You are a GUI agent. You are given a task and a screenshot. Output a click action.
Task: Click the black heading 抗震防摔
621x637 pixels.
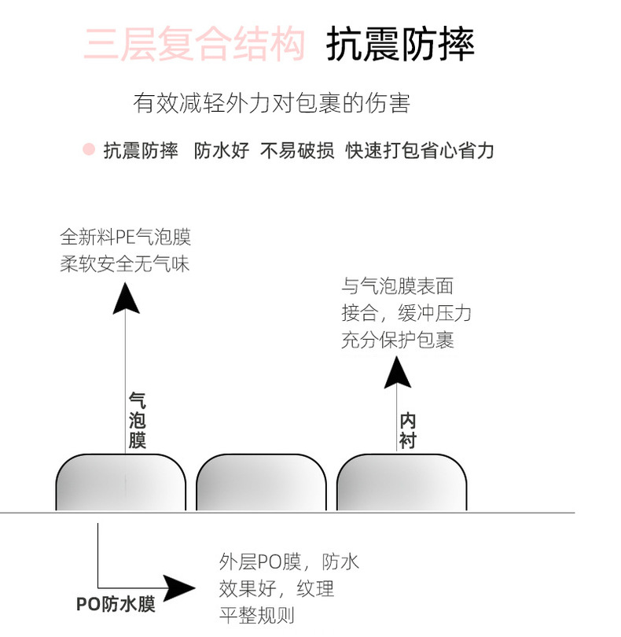click(401, 44)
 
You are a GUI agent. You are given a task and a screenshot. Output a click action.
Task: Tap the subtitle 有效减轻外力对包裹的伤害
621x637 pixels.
click(272, 103)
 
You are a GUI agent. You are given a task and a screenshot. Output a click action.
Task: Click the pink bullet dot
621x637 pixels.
click(89, 149)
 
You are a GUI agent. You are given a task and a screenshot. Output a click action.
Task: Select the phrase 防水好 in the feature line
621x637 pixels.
click(221, 150)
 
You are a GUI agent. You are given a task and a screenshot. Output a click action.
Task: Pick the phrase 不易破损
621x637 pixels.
click(297, 150)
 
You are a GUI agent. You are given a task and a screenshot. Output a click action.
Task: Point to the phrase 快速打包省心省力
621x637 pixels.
click(420, 150)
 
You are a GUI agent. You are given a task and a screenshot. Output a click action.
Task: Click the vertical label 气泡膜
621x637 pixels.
click(137, 420)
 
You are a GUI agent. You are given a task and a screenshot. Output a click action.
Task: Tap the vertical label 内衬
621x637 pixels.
click(406, 430)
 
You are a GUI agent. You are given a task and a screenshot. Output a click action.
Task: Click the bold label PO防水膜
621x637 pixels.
click(116, 604)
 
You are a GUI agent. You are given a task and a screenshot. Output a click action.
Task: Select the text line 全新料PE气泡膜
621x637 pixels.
click(126, 237)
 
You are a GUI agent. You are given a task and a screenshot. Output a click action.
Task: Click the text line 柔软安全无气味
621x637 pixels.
click(125, 263)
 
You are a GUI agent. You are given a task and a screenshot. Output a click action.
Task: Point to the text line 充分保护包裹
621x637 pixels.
click(398, 341)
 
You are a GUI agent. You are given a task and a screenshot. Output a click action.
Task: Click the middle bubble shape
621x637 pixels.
click(261, 482)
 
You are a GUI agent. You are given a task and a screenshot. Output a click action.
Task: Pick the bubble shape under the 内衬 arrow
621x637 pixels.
click(402, 482)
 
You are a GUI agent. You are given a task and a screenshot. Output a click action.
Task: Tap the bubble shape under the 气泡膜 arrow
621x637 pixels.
click(121, 482)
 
